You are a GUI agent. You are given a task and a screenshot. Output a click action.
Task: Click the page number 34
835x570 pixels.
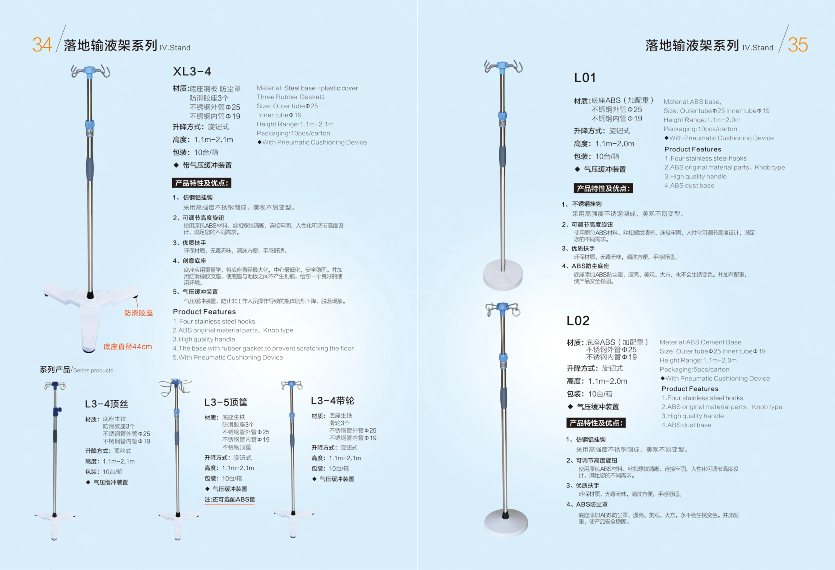(42, 45)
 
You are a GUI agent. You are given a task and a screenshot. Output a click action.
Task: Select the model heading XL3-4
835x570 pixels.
(192, 71)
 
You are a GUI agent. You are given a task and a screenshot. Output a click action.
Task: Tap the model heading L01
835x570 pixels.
(585, 78)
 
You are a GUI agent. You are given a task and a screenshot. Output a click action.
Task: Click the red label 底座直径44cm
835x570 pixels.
(127, 347)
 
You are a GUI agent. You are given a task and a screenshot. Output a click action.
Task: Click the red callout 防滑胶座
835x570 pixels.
(138, 313)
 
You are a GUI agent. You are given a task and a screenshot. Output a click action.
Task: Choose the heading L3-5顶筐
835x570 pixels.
(226, 402)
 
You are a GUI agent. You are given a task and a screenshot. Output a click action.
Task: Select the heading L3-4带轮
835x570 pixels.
(332, 401)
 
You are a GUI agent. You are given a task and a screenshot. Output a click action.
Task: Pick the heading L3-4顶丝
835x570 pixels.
(106, 404)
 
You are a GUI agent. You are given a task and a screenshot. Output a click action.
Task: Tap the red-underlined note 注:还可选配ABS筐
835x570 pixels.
(230, 499)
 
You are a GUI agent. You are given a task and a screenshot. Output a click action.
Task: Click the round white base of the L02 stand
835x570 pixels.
(506, 522)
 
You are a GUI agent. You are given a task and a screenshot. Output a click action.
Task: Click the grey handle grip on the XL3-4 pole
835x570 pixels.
(89, 169)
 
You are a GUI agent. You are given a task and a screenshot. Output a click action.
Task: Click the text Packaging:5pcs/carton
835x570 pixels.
(694, 369)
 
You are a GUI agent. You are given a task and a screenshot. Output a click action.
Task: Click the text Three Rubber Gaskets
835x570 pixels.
(290, 97)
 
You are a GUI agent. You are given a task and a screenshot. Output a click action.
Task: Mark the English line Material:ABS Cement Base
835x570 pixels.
(700, 342)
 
